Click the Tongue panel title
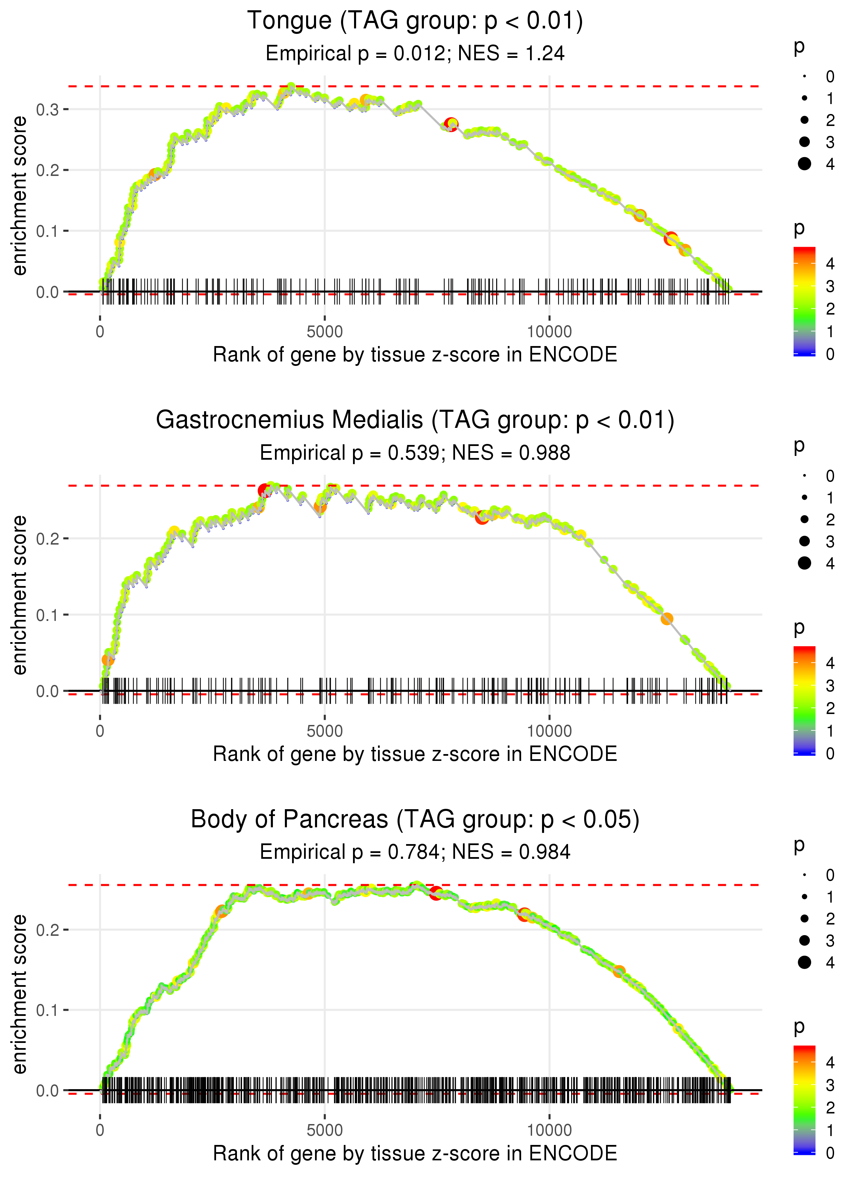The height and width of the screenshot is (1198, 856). pyautogui.click(x=415, y=21)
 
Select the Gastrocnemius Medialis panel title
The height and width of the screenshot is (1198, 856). pyautogui.click(x=415, y=420)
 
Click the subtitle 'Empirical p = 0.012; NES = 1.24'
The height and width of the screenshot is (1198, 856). pyautogui.click(x=415, y=54)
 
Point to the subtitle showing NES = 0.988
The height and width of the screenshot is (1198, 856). pyautogui.click(x=415, y=453)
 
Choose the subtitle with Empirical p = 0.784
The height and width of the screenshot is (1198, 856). pyautogui.click(x=415, y=852)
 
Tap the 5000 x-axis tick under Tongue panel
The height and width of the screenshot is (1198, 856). pyautogui.click(x=325, y=332)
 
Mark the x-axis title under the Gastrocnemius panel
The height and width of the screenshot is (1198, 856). pyautogui.click(x=415, y=754)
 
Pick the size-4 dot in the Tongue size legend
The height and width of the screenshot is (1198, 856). pyautogui.click(x=804, y=164)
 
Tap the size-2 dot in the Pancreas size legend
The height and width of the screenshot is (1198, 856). pyautogui.click(x=804, y=919)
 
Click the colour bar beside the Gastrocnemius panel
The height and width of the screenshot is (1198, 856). pyautogui.click(x=804, y=701)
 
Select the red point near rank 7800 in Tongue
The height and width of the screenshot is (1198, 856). pyautogui.click(x=451, y=124)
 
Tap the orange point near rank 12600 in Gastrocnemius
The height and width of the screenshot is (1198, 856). pyautogui.click(x=667, y=619)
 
